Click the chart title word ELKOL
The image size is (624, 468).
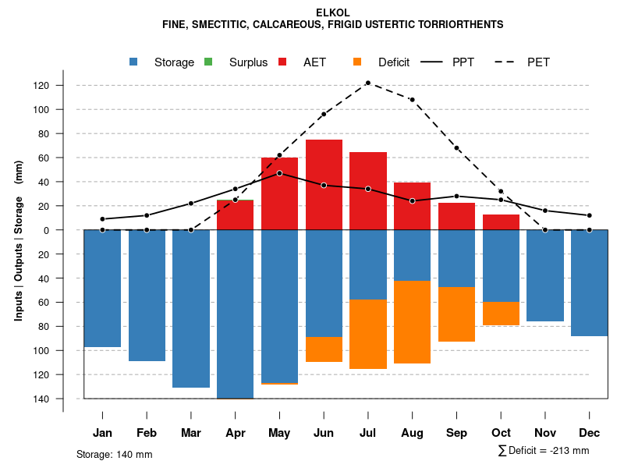tap(333, 12)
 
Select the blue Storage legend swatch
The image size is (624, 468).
tap(134, 62)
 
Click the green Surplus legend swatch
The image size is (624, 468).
tap(208, 62)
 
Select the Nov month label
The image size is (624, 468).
tap(545, 433)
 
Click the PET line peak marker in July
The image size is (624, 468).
tap(367, 83)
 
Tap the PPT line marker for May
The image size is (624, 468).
tap(279, 173)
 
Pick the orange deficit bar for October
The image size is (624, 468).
tap(501, 314)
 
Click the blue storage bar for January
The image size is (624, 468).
tap(102, 289)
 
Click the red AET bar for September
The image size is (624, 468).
tap(456, 216)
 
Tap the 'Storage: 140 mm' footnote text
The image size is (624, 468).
tap(114, 454)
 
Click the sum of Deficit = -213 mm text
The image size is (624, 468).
tap(544, 451)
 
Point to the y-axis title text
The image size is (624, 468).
tap(19, 240)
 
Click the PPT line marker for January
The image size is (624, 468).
tap(102, 219)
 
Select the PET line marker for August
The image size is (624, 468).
tap(412, 100)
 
